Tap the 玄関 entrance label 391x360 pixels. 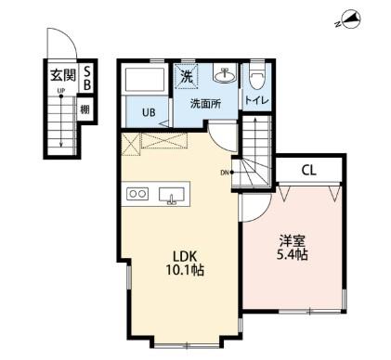tap(63, 75)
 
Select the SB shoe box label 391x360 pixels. tap(87, 79)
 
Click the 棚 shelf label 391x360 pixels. tap(85, 109)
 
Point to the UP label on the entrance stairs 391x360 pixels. tap(60, 91)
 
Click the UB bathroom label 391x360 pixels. tap(149, 112)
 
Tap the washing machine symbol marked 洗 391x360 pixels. tap(187, 77)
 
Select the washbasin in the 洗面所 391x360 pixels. tap(225, 74)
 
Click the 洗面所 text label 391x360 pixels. tap(205, 104)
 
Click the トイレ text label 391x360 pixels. tap(257, 100)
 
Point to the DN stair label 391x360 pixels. tap(225, 173)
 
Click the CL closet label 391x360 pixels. tap(308, 171)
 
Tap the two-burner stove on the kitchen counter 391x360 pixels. tap(137, 194)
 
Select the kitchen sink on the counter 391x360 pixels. tap(172, 195)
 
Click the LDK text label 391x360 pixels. tap(185, 256)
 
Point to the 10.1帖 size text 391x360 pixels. tap(185, 270)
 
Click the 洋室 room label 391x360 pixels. tap(293, 241)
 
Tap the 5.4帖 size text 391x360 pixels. tap(292, 255)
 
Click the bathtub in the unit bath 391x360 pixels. tap(144, 79)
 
